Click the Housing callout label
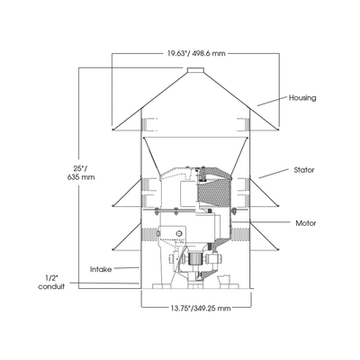point(302,98)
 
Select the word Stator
point(304,170)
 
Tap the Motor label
point(306,223)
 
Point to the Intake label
point(101,269)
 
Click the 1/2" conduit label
point(51,283)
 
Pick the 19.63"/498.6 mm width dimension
point(196,53)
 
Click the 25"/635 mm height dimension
point(81,173)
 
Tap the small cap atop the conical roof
point(195,70)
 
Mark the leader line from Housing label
point(272,101)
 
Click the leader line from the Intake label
point(126,267)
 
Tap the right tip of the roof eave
point(278,130)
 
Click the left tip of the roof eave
point(112,130)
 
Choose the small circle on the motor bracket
point(179,233)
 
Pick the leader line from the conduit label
point(103,283)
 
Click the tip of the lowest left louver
point(112,249)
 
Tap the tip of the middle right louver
point(278,205)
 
